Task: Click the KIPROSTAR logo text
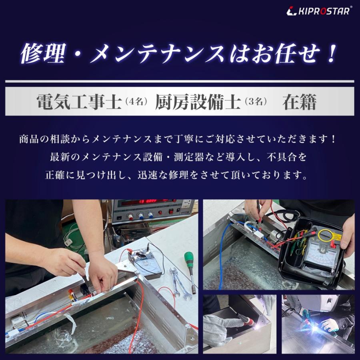click(x=323, y=11)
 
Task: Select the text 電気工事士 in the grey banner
click(x=78, y=102)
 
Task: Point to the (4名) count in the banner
click(x=137, y=102)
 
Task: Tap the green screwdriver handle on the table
click(x=189, y=259)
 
